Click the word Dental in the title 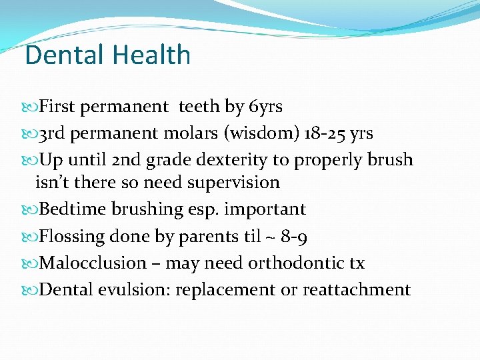tap(61, 55)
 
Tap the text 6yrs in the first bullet tap(265, 107)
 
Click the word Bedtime tap(70, 209)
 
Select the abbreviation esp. tap(204, 209)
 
